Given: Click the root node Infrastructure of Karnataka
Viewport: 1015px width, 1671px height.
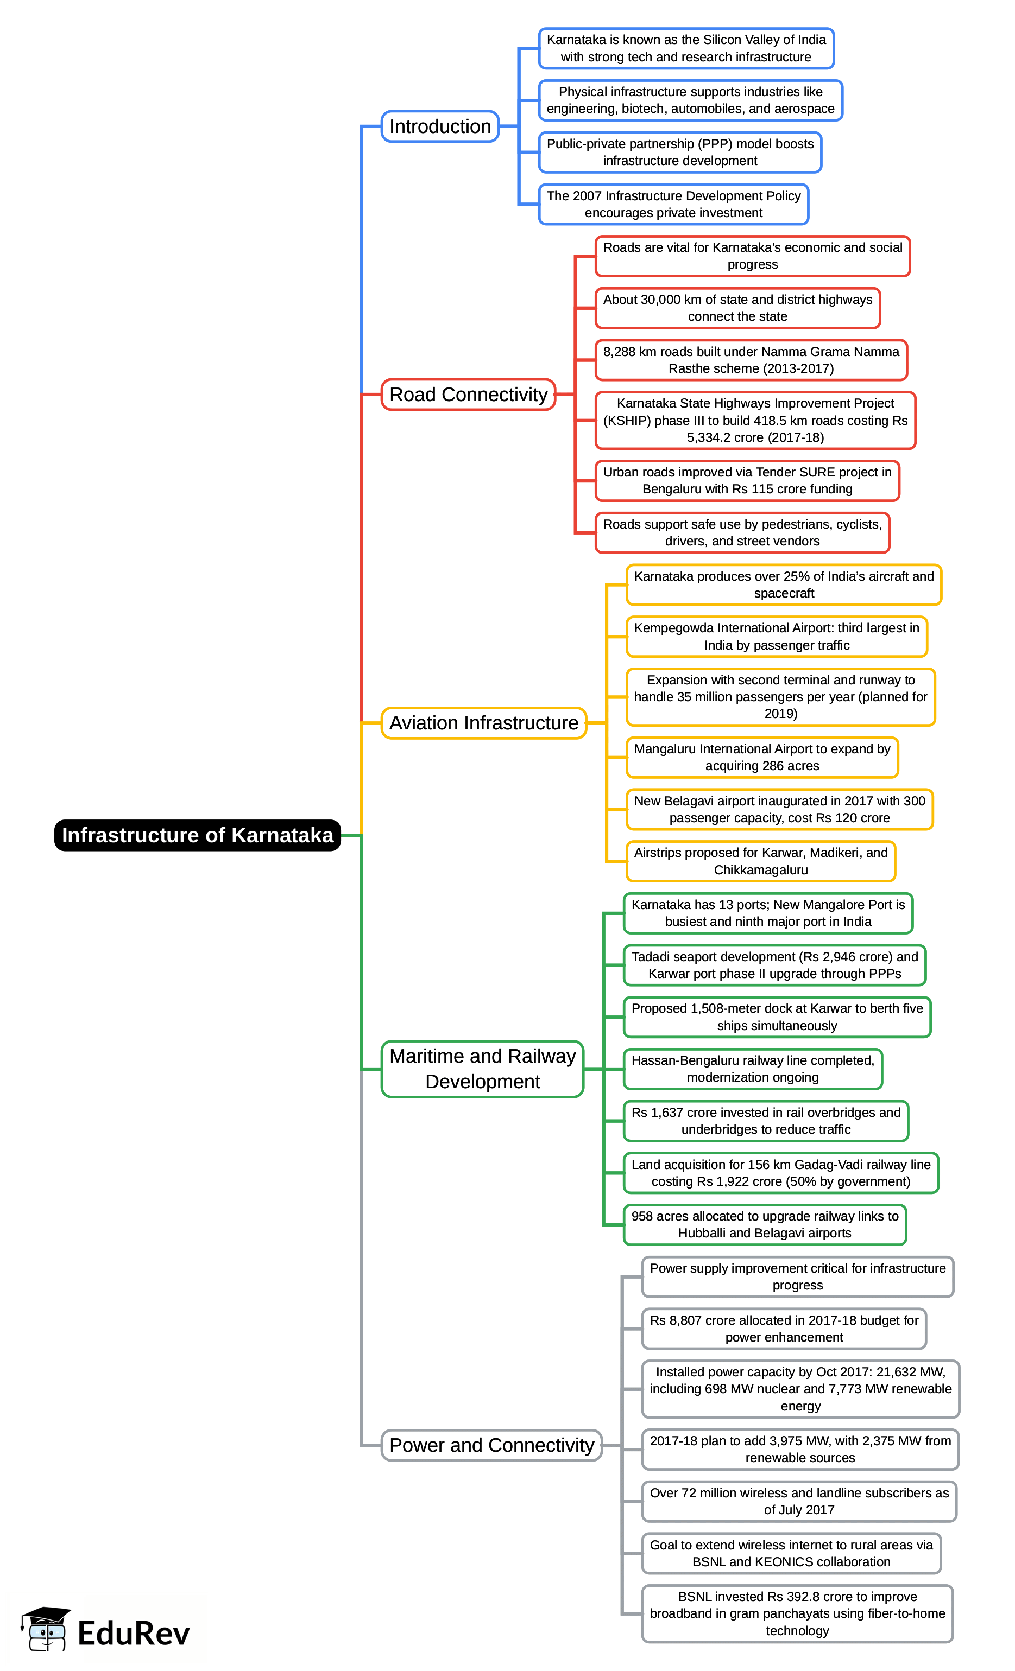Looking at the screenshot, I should (x=198, y=835).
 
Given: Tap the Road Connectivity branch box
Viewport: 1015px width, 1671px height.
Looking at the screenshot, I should (x=468, y=395).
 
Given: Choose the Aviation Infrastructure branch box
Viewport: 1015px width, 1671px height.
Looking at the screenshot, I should (x=483, y=723).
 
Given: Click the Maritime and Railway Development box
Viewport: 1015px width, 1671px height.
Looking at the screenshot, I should (x=482, y=1069).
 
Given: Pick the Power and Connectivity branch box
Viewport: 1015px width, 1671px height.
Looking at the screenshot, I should (x=491, y=1445).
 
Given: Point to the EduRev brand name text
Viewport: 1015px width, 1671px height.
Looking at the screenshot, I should (x=133, y=1633).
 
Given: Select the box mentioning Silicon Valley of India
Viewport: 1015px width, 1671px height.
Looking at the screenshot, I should (x=686, y=48).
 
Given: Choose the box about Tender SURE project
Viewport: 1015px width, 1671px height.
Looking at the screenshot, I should (x=747, y=481).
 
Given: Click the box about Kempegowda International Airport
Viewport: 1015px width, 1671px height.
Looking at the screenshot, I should (x=776, y=637).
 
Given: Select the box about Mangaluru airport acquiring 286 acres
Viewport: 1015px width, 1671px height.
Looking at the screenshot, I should (x=761, y=758).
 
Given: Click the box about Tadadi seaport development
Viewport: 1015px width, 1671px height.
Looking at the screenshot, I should (x=774, y=965).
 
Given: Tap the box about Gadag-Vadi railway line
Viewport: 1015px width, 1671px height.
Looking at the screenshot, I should (x=780, y=1173).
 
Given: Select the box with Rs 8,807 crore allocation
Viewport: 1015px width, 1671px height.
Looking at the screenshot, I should (x=784, y=1329).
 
